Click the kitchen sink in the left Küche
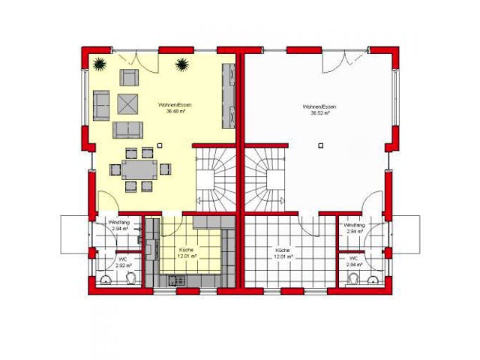(176, 280)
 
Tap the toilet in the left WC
(132, 278)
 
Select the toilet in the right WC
(373, 279)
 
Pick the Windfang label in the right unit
(355, 225)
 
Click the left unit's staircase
(214, 180)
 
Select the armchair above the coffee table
(129, 78)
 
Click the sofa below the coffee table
(128, 129)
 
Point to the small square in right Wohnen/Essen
(320, 144)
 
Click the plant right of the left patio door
(181, 65)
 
